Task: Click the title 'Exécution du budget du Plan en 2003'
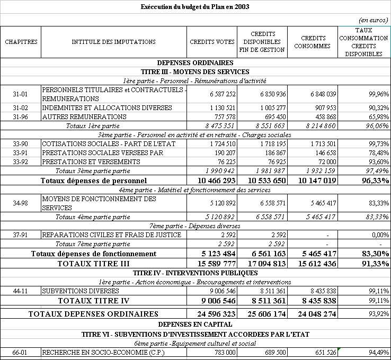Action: [196, 7]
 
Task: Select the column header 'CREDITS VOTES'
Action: [212, 42]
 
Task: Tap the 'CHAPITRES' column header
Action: [21, 42]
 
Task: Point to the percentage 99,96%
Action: [377, 94]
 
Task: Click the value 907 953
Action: [324, 108]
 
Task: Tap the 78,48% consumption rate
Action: [377, 153]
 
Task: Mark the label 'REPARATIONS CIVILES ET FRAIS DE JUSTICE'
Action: [111, 235]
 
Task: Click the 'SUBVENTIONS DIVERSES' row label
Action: [74, 291]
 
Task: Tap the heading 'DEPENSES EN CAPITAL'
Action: [196, 324]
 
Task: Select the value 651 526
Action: [324, 353]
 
